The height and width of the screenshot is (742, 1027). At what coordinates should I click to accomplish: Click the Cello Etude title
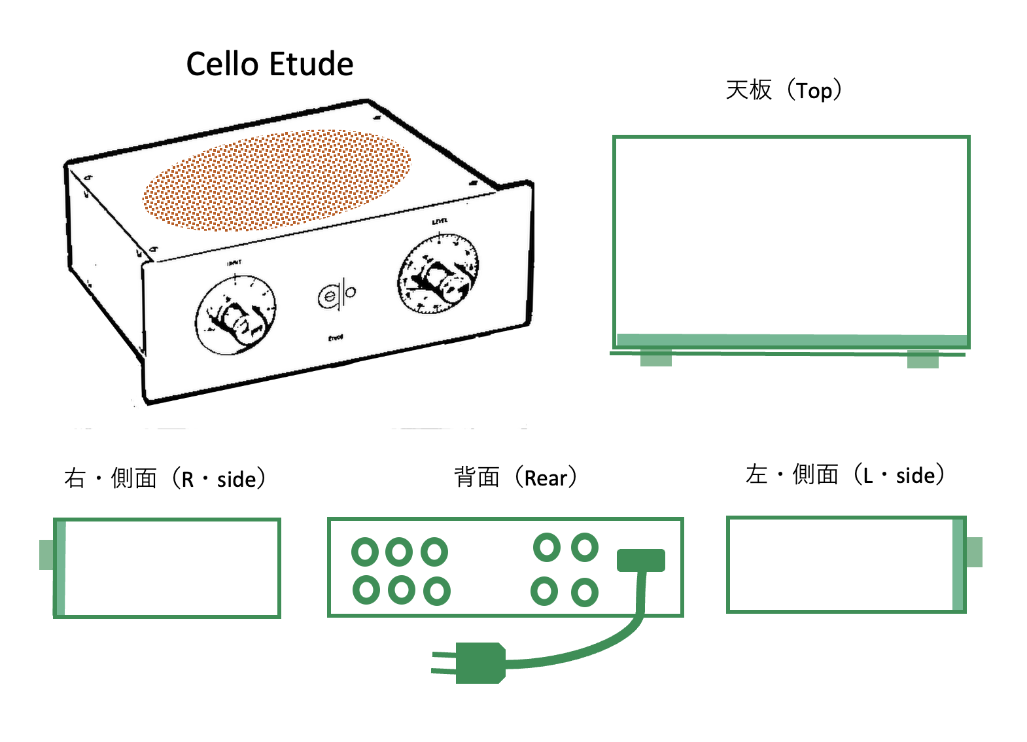pos(270,64)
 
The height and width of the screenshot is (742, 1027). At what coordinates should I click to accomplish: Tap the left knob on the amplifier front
pos(235,317)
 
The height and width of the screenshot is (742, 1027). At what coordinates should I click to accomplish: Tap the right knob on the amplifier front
pos(438,276)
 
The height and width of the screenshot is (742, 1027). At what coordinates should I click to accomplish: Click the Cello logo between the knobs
pos(337,295)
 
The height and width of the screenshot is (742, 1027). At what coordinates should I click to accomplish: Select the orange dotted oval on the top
pos(277,180)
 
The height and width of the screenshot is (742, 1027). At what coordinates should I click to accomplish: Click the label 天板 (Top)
pos(783,90)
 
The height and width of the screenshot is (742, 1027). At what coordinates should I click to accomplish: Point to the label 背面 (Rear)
pos(515,477)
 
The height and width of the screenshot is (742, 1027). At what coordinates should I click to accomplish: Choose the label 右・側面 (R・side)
pos(165,478)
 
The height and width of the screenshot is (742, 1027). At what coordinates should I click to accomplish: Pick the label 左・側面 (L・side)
pos(844,474)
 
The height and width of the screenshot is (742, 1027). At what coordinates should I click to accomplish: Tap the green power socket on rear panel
pos(641,560)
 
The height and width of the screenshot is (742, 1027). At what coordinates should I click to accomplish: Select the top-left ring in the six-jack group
pos(365,552)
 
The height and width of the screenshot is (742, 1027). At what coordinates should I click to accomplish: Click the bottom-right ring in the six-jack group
pos(437,591)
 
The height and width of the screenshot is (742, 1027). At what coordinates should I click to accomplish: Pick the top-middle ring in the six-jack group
pos(399,552)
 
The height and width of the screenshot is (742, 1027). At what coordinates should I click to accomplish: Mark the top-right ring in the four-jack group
pos(585,548)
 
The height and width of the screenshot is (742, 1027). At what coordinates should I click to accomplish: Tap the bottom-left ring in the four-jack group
pos(544,591)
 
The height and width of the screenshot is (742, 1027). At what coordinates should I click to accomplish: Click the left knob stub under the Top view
pos(656,358)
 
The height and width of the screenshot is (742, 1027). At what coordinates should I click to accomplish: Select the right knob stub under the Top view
pos(923,359)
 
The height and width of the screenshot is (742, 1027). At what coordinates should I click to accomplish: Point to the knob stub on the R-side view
pos(46,555)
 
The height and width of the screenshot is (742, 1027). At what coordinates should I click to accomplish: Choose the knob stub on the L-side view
pos(974,552)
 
